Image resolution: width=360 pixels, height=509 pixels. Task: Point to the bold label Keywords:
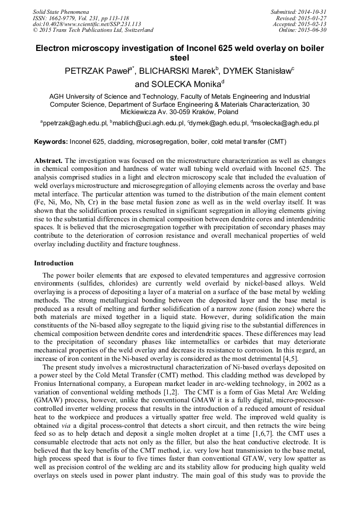click(51, 142)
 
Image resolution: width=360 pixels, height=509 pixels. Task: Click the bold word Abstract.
click(48, 160)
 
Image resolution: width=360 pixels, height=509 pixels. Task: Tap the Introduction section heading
click(54, 263)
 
